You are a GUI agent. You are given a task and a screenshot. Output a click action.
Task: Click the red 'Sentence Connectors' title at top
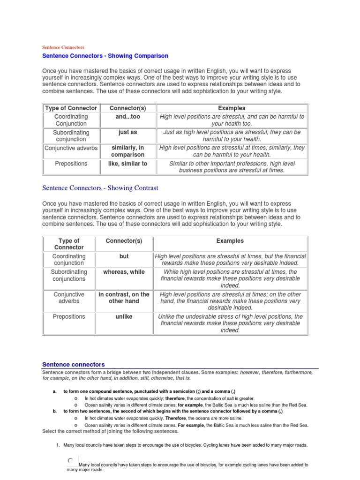pyautogui.click(x=63, y=47)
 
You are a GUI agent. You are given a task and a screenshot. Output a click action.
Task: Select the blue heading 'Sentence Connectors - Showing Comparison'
pyautogui.click(x=105, y=56)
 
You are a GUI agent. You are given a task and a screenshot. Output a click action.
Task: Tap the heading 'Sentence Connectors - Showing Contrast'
pyautogui.click(x=100, y=188)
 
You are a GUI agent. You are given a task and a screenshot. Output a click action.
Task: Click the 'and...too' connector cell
pyautogui.click(x=128, y=116)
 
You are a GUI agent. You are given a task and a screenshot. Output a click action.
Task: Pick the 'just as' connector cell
pyautogui.click(x=128, y=132)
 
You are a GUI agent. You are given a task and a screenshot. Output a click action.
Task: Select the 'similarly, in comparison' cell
pyautogui.click(x=128, y=151)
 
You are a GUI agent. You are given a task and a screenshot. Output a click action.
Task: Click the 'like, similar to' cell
pyautogui.click(x=128, y=164)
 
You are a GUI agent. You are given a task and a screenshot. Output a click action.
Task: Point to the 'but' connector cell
pyautogui.click(x=124, y=256)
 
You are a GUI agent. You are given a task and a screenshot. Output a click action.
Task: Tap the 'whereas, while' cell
pyautogui.click(x=124, y=272)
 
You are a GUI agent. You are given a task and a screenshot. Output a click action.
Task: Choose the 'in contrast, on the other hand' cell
pyautogui.click(x=124, y=298)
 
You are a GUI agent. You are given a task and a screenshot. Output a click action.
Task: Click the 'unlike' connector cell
pyautogui.click(x=124, y=316)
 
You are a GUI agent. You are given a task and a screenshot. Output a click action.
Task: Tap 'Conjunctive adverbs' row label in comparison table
pyautogui.click(x=71, y=148)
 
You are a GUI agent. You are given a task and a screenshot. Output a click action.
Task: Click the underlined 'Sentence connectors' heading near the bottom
pyautogui.click(x=74, y=364)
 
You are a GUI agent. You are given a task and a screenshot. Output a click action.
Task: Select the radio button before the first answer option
pyautogui.click(x=70, y=461)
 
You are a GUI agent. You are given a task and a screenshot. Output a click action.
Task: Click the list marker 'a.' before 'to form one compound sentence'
pyautogui.click(x=55, y=391)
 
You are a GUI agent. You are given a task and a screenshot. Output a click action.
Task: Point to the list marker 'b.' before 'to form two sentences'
pyautogui.click(x=55, y=411)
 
